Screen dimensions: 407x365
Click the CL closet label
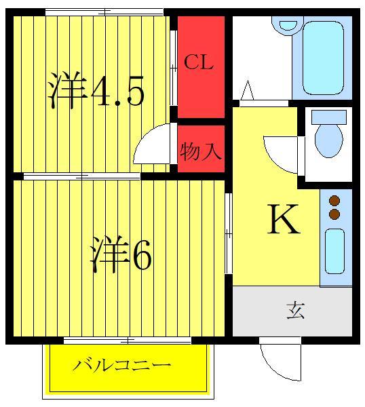point(199,64)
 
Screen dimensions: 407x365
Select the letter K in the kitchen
point(283,219)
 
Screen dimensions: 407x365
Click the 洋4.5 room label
point(96,92)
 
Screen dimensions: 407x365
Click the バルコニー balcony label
point(122,366)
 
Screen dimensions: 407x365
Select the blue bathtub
point(324,58)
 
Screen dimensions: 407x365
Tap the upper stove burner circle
point(334,201)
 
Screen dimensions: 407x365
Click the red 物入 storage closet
point(201,144)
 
